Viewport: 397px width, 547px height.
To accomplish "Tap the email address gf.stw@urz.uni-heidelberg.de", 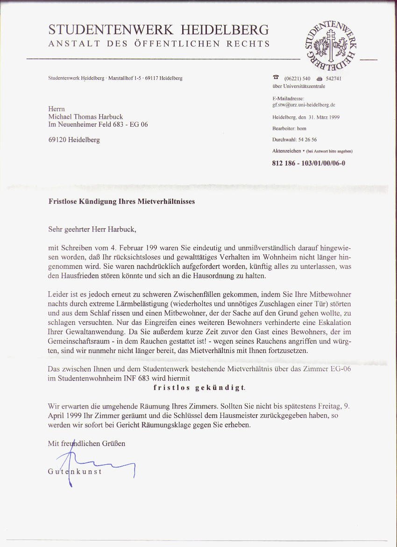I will pyautogui.click(x=304, y=105).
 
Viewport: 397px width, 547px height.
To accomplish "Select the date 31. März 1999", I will pyautogui.click(x=322, y=117).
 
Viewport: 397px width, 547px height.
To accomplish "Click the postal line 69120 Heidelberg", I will pyautogui.click(x=74, y=140).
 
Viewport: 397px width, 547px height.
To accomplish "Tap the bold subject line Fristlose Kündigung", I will pyautogui.click(x=121, y=202).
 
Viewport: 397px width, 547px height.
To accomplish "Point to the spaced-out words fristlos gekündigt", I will pyautogui.click(x=199, y=388).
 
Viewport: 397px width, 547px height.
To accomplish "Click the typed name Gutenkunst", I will pyautogui.click(x=75, y=471).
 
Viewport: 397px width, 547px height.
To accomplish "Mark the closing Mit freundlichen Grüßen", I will pyautogui.click(x=86, y=443).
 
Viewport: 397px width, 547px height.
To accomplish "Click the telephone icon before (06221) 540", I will pyautogui.click(x=276, y=78).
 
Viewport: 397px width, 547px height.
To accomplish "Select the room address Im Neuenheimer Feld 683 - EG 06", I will pyautogui.click(x=98, y=124).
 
